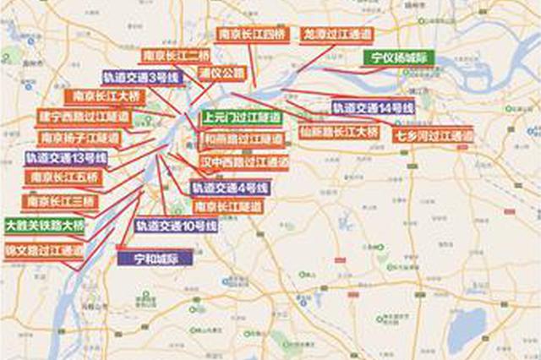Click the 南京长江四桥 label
click(x=252, y=35)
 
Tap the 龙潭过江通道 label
click(x=336, y=35)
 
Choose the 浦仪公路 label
click(x=222, y=74)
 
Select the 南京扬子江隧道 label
click(x=79, y=137)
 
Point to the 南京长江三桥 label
click(x=60, y=203)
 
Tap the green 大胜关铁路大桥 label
click(x=45, y=226)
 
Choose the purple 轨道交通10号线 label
click(x=176, y=226)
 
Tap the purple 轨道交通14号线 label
click(x=371, y=108)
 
